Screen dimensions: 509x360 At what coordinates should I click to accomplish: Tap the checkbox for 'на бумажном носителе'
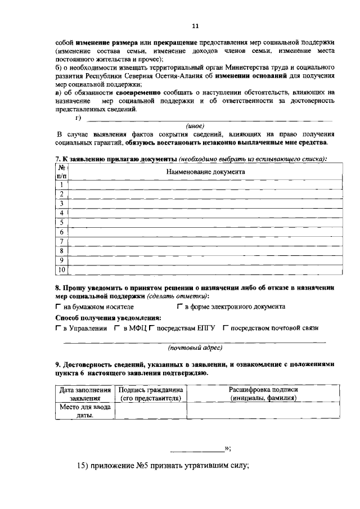coord(58,307)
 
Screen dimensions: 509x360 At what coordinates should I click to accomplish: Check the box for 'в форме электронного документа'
coord(179,307)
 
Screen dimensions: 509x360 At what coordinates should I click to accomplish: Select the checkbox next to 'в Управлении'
coord(58,328)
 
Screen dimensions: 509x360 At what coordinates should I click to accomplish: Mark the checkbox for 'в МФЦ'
coord(117,328)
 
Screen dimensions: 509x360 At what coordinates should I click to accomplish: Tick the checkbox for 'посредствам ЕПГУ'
coord(152,328)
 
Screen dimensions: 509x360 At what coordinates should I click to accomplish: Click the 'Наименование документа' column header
coord(205,171)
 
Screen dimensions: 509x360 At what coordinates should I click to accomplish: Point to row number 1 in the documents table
coord(61,184)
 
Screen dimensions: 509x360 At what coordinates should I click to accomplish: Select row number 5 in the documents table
coord(61,223)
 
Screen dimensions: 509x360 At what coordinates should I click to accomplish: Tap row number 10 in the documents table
coord(61,270)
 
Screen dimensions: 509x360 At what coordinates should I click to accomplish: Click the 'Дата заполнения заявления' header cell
coord(85,394)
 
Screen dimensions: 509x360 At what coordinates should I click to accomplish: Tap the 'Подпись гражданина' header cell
coord(150,394)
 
